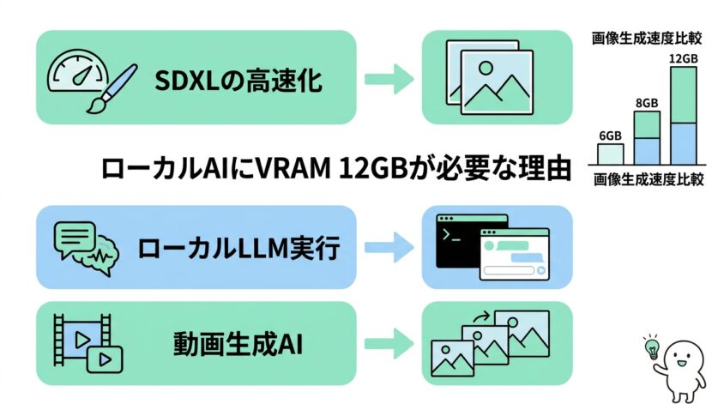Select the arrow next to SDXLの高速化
pyautogui.click(x=385, y=79)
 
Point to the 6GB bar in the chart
pyautogui.click(x=610, y=154)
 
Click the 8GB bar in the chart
pyautogui.click(x=647, y=137)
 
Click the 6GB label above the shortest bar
pyautogui.click(x=610, y=136)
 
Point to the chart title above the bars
pyautogui.click(x=648, y=38)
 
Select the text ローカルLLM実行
pyautogui.click(x=239, y=248)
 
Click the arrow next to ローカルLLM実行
pyautogui.click(x=385, y=247)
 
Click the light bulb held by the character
pyautogui.click(x=651, y=348)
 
